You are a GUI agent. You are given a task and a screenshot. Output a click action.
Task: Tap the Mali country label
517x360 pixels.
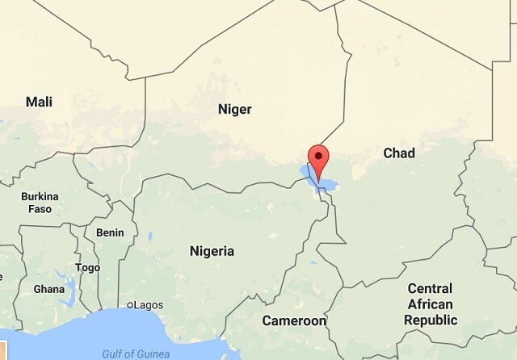click(x=39, y=102)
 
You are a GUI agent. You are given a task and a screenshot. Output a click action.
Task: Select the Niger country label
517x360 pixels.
click(x=235, y=109)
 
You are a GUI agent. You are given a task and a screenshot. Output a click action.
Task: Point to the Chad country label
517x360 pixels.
click(x=399, y=153)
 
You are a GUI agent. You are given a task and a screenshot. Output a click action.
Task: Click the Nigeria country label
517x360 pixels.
click(x=212, y=251)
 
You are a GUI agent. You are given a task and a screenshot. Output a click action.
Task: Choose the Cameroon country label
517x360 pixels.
click(x=294, y=321)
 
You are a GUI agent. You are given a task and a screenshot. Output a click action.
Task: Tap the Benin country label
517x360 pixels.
click(x=110, y=232)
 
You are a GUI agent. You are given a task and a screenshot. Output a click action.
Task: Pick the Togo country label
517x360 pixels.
click(x=87, y=268)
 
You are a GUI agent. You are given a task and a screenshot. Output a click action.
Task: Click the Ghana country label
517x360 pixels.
click(x=48, y=289)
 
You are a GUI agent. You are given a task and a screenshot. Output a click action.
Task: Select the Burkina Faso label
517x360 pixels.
click(x=40, y=203)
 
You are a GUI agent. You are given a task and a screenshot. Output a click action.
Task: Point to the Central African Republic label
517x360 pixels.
click(x=431, y=304)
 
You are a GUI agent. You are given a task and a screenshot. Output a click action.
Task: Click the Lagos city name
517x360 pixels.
click(x=149, y=305)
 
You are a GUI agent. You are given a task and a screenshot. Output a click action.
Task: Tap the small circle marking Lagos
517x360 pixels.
click(x=131, y=305)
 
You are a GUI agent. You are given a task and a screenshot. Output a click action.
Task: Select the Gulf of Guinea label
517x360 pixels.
click(x=136, y=354)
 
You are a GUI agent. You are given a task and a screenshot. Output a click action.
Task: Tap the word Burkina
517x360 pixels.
click(x=40, y=196)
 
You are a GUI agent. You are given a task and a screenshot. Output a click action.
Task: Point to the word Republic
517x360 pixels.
click(x=431, y=320)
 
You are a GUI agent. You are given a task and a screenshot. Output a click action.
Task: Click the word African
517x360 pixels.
click(x=431, y=304)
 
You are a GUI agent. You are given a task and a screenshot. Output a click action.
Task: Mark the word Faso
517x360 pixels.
click(x=40, y=209)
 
